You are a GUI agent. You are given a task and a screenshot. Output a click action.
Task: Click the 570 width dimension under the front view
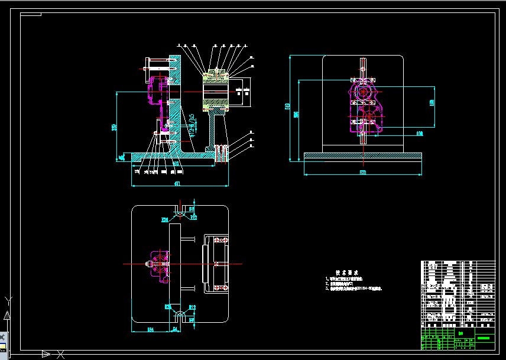tap(362, 172)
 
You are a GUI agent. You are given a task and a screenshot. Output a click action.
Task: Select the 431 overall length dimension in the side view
tap(177, 184)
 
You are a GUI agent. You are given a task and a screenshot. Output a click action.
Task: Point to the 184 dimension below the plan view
tap(150, 329)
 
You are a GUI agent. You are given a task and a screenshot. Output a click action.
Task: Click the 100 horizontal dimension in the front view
tap(420, 134)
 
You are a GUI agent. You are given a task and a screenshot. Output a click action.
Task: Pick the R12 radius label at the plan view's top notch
tap(193, 218)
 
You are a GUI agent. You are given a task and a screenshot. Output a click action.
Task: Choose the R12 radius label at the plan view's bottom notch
tap(192, 307)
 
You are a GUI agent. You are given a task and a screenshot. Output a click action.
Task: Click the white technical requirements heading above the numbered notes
tap(348, 273)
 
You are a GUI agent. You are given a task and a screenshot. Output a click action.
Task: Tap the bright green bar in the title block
tap(485, 338)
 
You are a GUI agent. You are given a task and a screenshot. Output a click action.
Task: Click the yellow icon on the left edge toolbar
tap(3, 346)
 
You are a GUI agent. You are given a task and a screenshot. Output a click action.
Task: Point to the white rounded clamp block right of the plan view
tap(216, 264)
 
